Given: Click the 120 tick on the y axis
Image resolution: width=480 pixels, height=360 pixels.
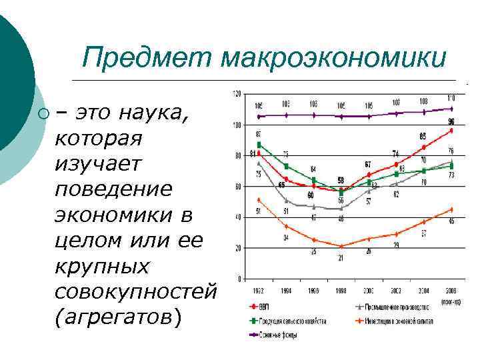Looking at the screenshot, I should pos(237,94).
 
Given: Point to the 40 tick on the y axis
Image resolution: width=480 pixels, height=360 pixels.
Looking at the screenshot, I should pos(237,217).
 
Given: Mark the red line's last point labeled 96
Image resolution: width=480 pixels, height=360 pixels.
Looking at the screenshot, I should pos(451,131).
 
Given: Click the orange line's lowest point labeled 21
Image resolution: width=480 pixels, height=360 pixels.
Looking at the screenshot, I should pos(341,247).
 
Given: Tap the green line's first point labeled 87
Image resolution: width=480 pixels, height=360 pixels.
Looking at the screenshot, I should pos(259,144).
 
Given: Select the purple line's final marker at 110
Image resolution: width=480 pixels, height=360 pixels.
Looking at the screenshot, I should pos(451,108).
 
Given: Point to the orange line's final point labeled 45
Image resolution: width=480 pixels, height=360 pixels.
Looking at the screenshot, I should pos(451,209).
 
